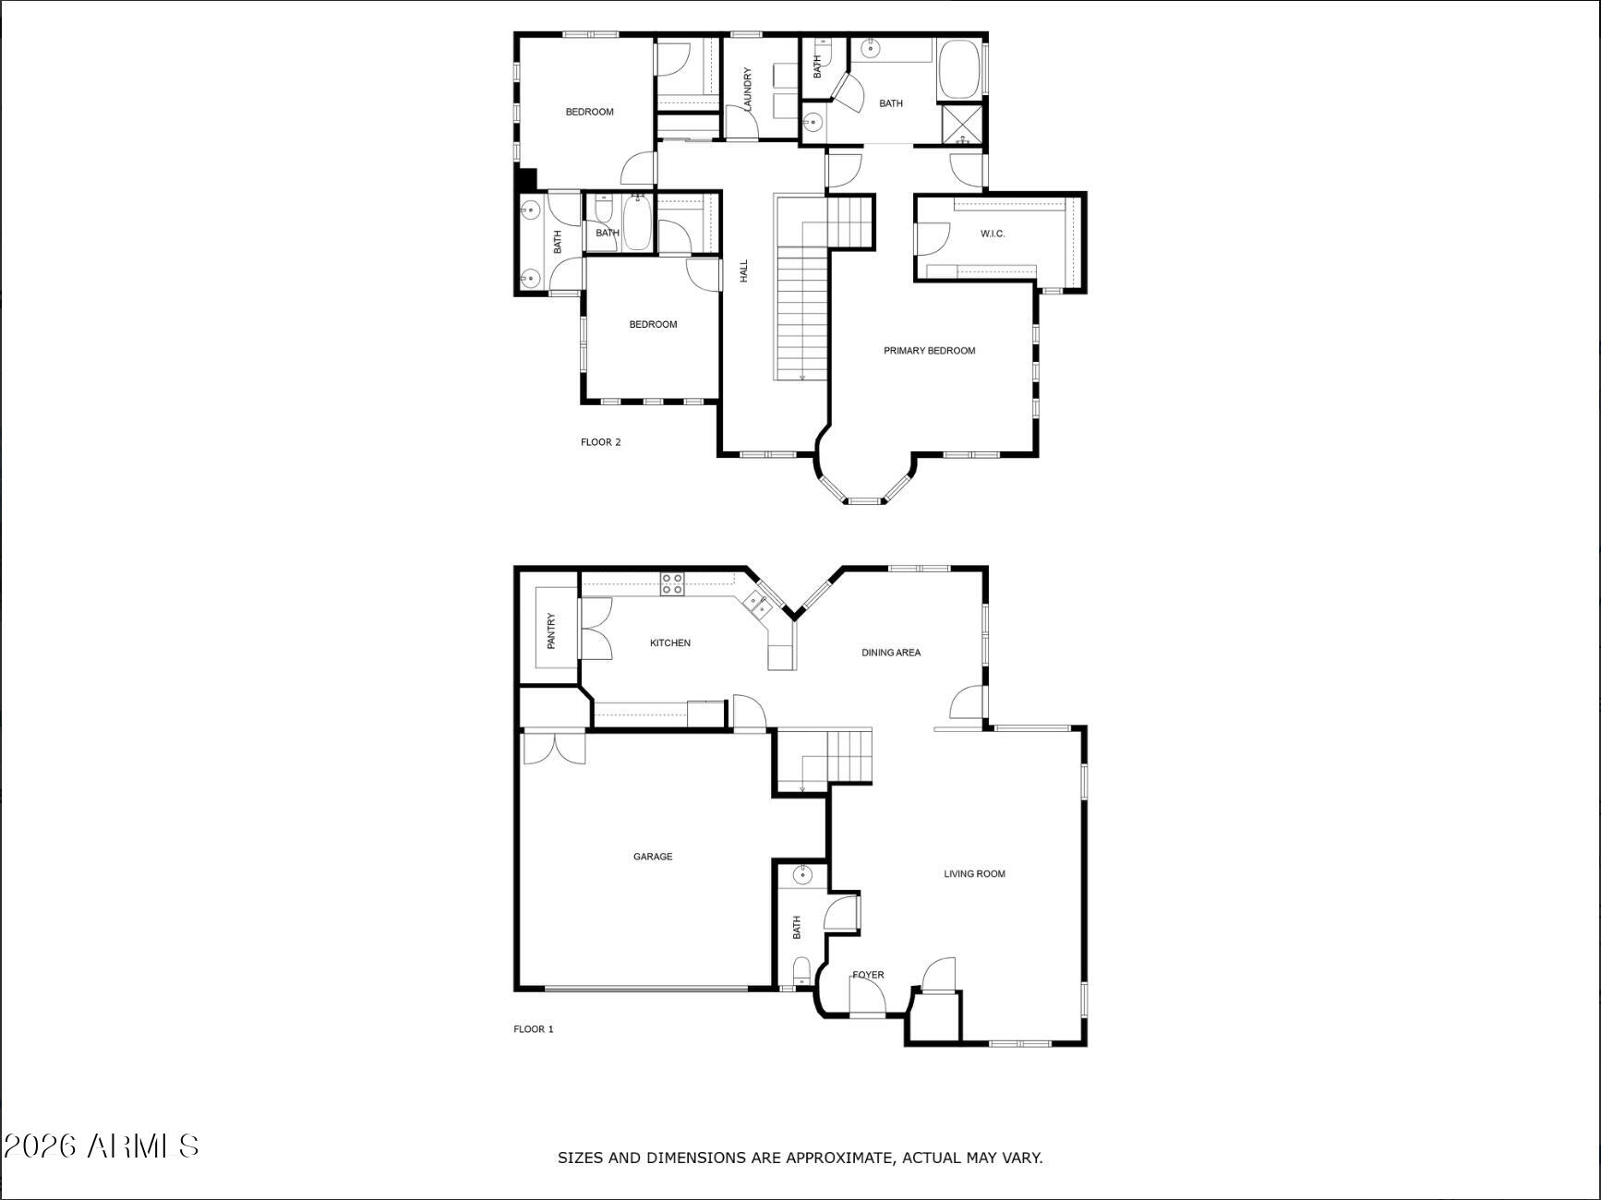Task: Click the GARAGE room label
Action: click(653, 857)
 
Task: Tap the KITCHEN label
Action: click(670, 642)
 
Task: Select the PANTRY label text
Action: click(551, 630)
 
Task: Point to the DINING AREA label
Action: click(891, 653)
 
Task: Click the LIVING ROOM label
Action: click(974, 873)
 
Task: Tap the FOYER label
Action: click(868, 975)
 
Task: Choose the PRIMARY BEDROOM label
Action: click(929, 351)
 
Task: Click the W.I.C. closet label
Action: click(993, 234)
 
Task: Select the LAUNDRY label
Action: click(748, 90)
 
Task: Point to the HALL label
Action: click(744, 270)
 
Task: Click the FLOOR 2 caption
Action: click(600, 442)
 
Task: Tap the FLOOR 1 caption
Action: click(534, 1029)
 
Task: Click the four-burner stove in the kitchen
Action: click(672, 583)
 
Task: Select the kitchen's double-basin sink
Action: click(756, 604)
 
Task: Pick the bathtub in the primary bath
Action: click(960, 69)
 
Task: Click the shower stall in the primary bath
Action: click(962, 126)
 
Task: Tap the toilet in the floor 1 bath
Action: click(801, 970)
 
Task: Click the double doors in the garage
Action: click(554, 748)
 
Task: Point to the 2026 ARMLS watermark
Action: click(101, 1146)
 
